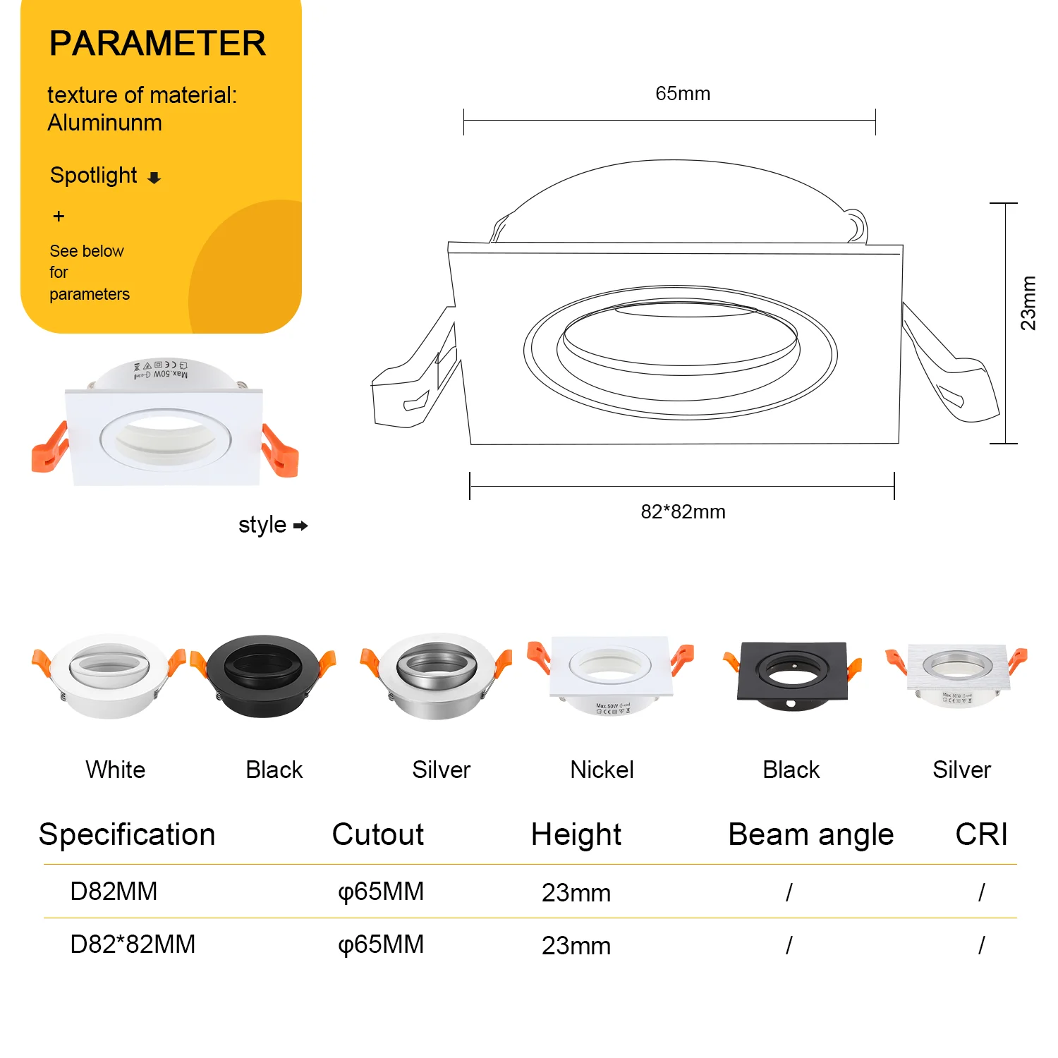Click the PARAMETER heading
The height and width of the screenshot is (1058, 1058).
coord(157,44)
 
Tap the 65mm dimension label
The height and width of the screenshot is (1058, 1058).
coord(682,94)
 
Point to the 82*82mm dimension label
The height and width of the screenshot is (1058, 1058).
coord(683,512)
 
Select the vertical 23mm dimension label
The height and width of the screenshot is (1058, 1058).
coord(1028,303)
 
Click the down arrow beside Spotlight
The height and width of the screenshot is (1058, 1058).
coord(154,178)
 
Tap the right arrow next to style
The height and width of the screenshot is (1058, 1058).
coord(300,526)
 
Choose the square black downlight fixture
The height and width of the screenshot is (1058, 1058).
coord(791,674)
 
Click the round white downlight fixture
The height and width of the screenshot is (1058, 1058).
coord(109,675)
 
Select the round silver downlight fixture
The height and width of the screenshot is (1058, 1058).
coord(435,675)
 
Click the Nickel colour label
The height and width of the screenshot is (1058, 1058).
coord(602,770)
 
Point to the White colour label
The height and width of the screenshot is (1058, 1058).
coord(115,770)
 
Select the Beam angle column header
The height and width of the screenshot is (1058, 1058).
coord(810,835)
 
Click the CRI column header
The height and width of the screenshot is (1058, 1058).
coord(981,835)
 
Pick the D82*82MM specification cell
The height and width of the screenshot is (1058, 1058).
coord(133,944)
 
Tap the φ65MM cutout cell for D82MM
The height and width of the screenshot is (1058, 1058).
coord(381,892)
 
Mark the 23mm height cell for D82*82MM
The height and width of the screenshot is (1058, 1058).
coord(576,946)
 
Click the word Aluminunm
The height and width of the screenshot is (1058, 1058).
coord(104,123)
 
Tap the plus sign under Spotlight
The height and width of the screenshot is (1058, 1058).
coord(59,217)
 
